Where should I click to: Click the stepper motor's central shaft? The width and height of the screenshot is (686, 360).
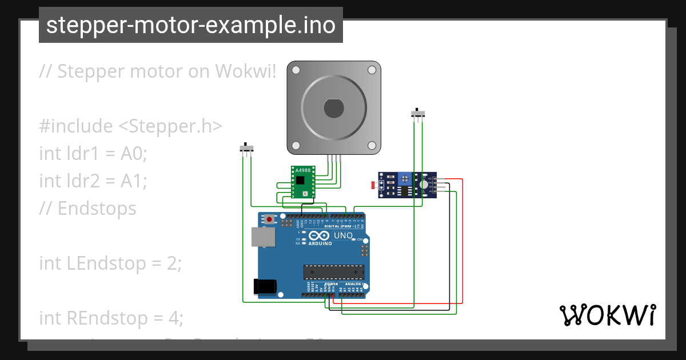click(333, 107)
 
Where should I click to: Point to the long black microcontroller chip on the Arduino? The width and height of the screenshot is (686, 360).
click(333, 274)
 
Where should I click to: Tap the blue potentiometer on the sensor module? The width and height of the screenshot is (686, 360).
click(405, 179)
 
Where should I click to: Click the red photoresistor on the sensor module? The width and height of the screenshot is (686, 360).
click(374, 185)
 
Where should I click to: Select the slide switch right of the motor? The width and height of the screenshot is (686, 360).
click(418, 114)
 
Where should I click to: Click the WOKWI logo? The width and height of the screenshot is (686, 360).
click(607, 315)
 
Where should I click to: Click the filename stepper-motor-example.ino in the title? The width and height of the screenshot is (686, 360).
click(190, 25)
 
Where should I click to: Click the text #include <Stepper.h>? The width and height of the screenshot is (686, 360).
click(130, 126)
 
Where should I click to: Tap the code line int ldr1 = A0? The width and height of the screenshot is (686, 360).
click(93, 153)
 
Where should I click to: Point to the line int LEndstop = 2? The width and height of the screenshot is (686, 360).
click(110, 263)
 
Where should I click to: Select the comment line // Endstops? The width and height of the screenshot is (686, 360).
click(87, 208)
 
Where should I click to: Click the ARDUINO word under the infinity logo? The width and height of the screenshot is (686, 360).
click(321, 243)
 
